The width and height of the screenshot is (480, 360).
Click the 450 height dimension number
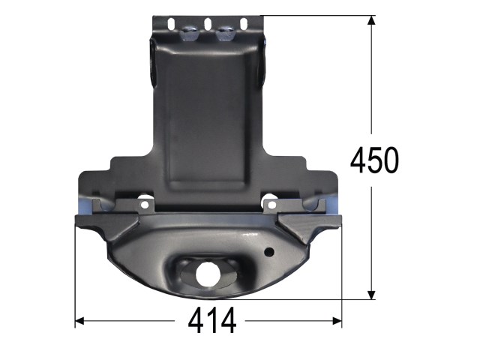[x=374, y=160]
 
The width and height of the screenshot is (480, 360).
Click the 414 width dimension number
[x=212, y=321]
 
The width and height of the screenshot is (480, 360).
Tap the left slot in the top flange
[x=172, y=25]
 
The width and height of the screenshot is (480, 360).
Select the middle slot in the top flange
[x=208, y=25]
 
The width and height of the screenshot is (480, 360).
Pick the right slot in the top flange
[x=244, y=25]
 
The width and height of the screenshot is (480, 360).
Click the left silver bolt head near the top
[x=189, y=33]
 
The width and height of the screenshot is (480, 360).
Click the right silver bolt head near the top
[x=225, y=33]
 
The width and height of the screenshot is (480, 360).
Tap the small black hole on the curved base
[x=269, y=252]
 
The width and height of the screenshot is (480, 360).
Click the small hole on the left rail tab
[x=145, y=205]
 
